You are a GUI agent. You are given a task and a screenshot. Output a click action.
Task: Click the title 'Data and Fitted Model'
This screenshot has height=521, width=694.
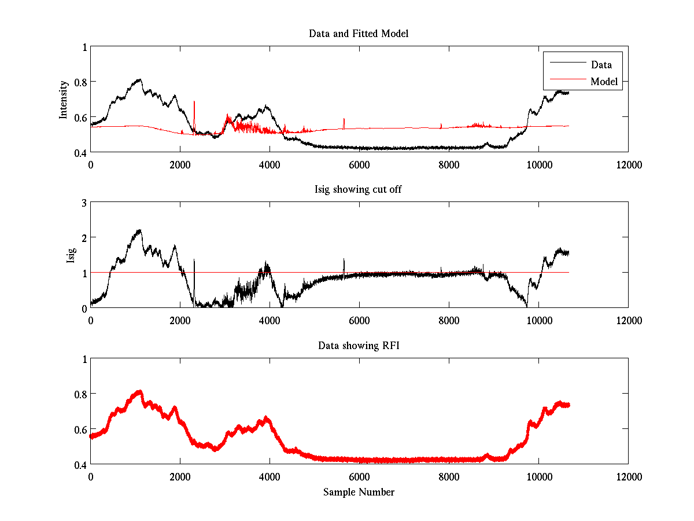point(359,34)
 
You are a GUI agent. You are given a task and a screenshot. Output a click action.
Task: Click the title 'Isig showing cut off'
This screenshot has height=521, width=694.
point(359,189)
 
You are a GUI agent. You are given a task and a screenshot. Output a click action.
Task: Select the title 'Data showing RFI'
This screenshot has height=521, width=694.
point(359,346)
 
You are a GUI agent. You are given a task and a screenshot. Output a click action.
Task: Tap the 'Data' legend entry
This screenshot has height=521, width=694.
point(601,65)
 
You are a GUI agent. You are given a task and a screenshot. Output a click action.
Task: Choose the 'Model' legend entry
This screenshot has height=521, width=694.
point(604,82)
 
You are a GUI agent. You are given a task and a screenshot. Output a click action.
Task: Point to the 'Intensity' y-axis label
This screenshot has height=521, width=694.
point(64,100)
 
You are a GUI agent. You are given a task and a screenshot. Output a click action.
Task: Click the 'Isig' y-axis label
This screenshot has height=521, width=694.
point(71,255)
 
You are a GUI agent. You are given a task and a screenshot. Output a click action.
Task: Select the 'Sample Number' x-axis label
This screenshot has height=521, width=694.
point(359,492)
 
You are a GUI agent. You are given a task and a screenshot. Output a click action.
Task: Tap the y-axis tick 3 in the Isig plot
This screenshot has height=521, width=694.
point(84,203)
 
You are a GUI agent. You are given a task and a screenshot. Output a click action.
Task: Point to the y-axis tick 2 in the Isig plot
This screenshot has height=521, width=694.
point(84,238)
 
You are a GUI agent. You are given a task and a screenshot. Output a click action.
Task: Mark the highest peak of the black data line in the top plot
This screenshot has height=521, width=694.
point(139,80)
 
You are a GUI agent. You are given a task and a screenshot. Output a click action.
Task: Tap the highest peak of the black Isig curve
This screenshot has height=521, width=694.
point(139,230)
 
